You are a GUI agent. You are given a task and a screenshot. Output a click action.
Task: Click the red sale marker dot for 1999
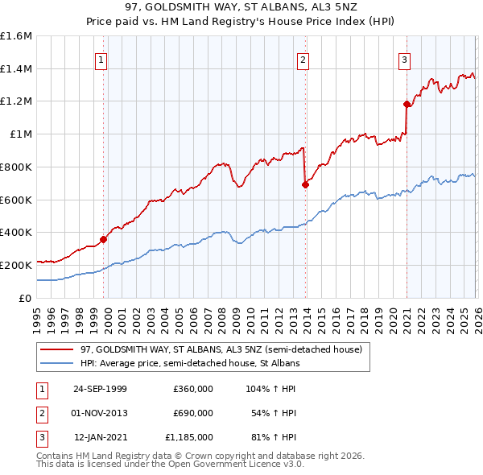pyautogui.click(x=104, y=238)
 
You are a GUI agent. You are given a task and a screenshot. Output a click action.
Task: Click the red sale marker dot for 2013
pyautogui.click(x=305, y=184)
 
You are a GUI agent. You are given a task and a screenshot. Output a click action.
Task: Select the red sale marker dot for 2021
pyautogui.click(x=407, y=103)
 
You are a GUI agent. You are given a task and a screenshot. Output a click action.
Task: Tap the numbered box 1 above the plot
pyautogui.click(x=101, y=59)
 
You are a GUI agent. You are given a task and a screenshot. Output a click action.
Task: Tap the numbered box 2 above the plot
pyautogui.click(x=303, y=59)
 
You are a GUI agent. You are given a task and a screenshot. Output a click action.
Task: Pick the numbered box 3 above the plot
pyautogui.click(x=404, y=59)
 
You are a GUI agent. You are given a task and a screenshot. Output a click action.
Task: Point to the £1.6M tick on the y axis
pyautogui.click(x=16, y=36)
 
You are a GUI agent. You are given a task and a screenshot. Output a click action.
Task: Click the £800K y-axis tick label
pyautogui.click(x=16, y=167)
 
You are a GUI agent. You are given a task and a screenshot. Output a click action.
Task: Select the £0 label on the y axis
pyautogui.click(x=25, y=297)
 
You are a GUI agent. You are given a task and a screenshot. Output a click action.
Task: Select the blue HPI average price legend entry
pyautogui.click(x=189, y=363)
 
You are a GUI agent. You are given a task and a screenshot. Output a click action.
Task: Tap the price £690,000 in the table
pyautogui.click(x=192, y=413)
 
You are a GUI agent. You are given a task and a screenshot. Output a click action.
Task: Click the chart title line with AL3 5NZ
pyautogui.click(x=242, y=8)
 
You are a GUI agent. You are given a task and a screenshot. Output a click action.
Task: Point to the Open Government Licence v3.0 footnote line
pyautogui.click(x=170, y=465)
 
